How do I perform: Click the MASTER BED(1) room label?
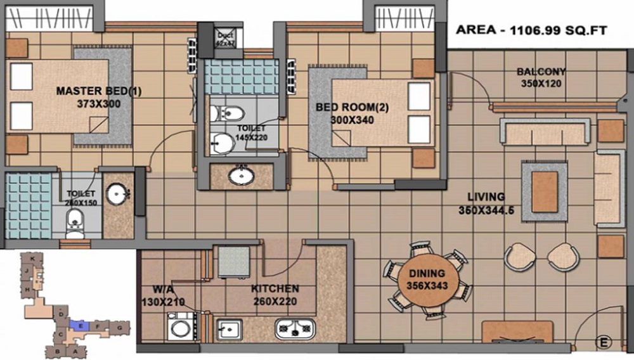point(98,91)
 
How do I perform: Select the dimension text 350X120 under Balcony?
point(541,83)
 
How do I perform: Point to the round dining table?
point(427,280)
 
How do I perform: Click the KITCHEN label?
point(275,288)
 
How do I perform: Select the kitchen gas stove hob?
point(295,328)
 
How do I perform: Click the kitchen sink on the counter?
point(229,329)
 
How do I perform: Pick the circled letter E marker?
point(604,343)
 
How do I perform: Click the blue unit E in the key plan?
point(77,325)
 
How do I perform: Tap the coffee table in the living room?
point(544,191)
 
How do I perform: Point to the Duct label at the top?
point(225,35)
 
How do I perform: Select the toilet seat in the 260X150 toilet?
point(74,222)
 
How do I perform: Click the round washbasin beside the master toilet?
point(117,195)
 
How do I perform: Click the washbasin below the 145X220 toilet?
point(242,174)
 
